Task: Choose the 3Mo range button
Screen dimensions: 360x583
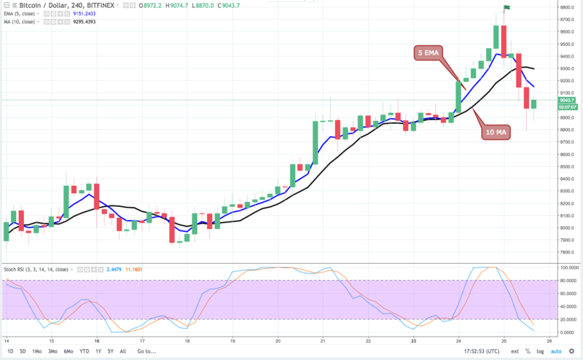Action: (x=51, y=351)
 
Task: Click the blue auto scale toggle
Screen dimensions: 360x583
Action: (x=556, y=351)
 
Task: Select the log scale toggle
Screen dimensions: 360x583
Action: (x=539, y=351)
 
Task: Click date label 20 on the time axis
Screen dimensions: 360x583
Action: (x=278, y=340)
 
